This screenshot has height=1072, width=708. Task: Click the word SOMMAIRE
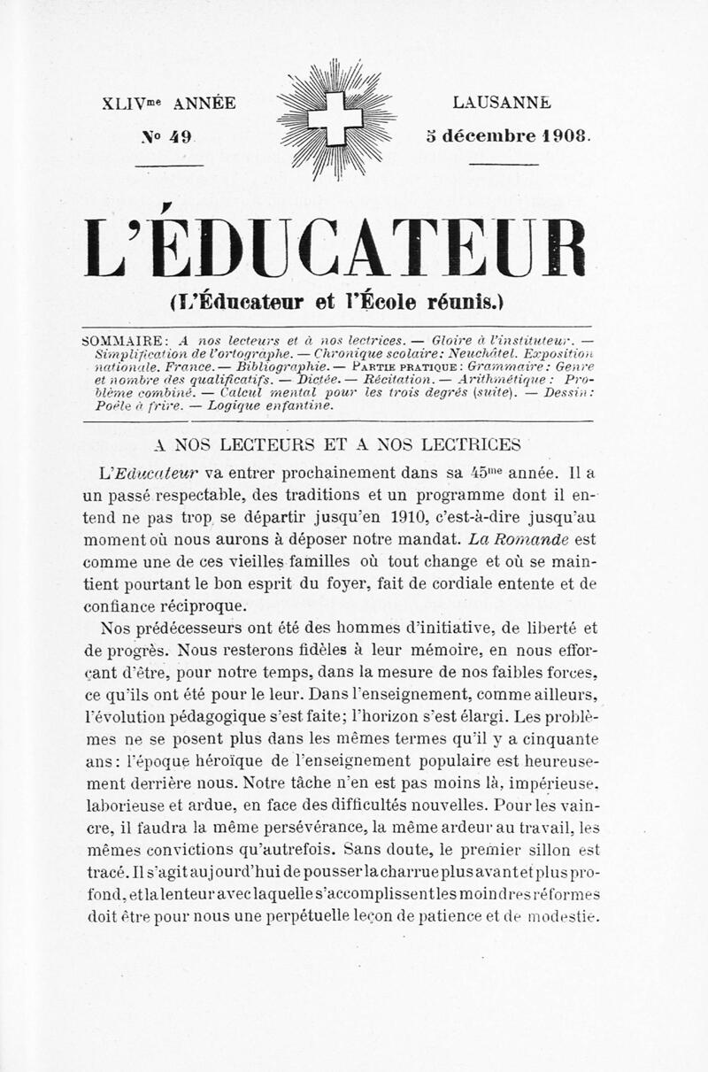click(120, 339)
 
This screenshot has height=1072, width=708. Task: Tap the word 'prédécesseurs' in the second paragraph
click(180, 629)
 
